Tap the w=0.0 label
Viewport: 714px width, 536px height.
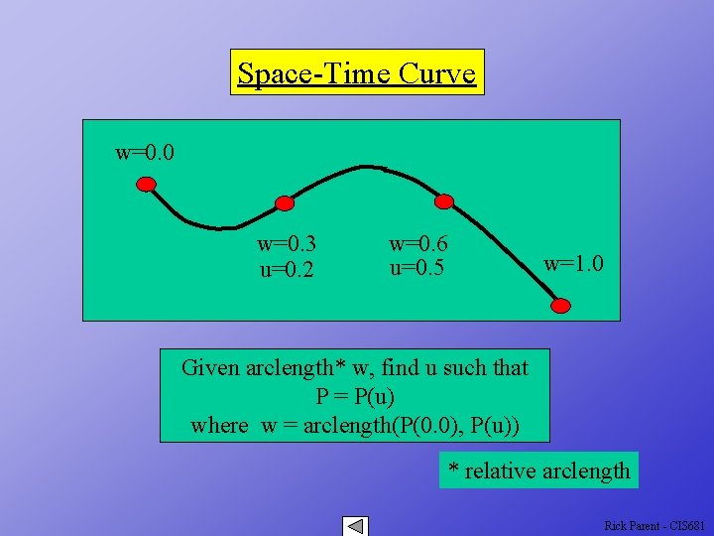145,153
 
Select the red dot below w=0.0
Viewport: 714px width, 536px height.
147,184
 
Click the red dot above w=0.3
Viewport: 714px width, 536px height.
285,203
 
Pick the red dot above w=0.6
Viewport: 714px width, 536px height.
444,201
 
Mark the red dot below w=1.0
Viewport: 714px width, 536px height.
561,305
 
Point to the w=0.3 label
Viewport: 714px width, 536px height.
287,243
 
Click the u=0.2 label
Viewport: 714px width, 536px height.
287,268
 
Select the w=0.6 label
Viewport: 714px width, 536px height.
418,243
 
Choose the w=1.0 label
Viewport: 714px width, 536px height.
574,264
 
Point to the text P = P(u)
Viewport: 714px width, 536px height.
354,396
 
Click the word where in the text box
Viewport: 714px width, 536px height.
219,425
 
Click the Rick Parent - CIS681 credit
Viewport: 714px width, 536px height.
654,526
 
